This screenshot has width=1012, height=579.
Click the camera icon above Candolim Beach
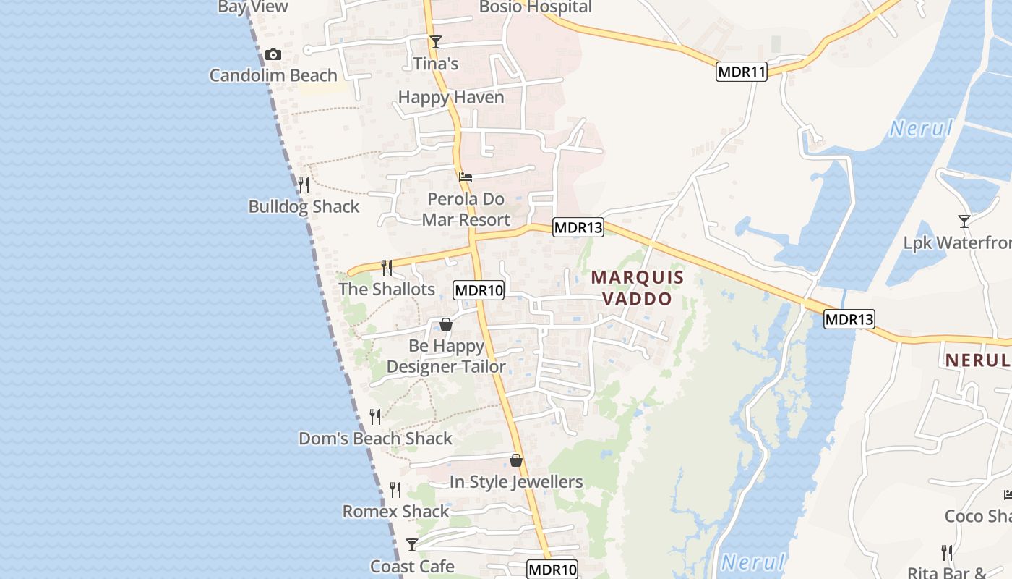273,55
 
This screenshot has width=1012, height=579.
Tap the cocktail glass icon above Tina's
435,42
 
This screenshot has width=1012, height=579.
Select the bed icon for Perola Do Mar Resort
466,177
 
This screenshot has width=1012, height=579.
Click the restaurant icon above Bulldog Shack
304,185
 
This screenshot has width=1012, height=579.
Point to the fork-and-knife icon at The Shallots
387,268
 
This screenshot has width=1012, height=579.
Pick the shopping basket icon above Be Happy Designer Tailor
446,324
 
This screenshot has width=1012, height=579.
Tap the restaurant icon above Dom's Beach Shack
375,417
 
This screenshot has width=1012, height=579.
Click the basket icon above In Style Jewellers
516,460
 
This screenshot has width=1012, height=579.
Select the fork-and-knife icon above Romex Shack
395,490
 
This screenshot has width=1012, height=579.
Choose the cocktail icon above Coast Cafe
412,544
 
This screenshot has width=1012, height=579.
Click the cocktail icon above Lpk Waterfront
964,221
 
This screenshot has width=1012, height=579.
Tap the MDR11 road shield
742,72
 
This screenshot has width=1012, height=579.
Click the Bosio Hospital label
536,8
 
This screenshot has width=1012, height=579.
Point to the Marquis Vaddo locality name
637,287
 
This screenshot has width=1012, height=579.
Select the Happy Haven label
451,97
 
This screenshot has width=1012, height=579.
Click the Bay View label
253,7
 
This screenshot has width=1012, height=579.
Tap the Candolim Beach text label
273,75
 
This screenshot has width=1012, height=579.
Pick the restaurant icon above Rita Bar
947,553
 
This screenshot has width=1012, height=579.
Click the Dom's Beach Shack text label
375,439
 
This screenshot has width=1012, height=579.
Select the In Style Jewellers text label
516,482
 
